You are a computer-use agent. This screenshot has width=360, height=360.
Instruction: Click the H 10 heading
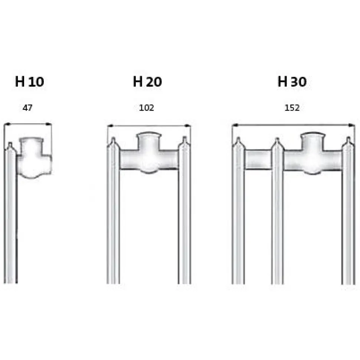click(29, 82)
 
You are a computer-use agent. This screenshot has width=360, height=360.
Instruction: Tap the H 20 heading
click(147, 82)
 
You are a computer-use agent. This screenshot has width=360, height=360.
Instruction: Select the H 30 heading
click(292, 82)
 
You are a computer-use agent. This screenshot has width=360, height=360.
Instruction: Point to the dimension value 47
click(27, 108)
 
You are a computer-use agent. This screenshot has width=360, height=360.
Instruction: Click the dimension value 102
click(146, 108)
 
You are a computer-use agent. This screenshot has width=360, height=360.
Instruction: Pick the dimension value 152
click(292, 108)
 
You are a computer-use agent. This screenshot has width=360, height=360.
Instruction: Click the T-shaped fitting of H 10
click(34, 158)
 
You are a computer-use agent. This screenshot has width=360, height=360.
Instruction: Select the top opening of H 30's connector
click(313, 135)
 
